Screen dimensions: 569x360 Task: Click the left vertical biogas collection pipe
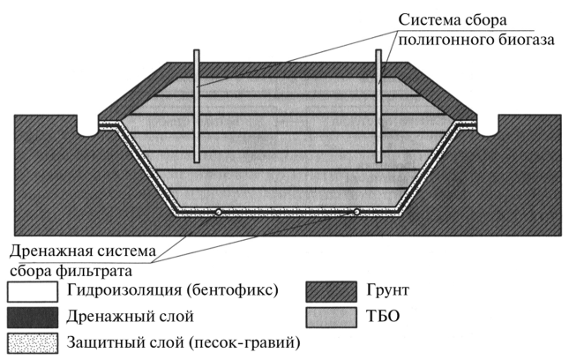(197, 106)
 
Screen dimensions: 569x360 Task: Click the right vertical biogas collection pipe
(378, 106)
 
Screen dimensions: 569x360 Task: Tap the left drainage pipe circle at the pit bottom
(218, 213)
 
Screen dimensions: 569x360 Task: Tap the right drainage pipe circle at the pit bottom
(356, 212)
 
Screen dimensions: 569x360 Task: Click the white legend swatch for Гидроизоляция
(33, 292)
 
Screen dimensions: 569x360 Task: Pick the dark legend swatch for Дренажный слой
(33, 318)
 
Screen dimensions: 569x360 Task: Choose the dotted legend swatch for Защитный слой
(33, 343)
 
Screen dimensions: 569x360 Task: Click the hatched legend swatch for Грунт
(331, 292)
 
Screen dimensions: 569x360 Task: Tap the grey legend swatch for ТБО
(331, 318)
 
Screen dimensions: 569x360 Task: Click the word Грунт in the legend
(388, 290)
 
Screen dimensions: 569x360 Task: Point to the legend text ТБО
(383, 316)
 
